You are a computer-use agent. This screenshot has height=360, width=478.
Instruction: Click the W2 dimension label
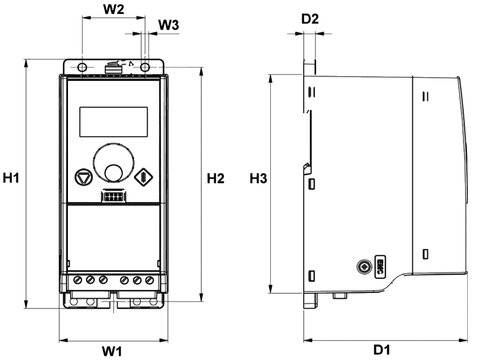click(113, 9)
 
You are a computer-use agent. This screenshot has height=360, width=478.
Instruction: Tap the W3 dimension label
click(169, 25)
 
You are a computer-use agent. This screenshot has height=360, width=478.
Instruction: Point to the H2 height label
click(215, 178)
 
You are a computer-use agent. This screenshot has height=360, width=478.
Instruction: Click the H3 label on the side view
click(257, 178)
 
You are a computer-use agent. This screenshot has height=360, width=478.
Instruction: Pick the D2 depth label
click(310, 20)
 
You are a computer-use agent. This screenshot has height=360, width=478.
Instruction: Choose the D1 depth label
click(383, 350)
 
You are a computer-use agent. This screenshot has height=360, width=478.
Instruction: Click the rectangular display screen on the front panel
click(114, 121)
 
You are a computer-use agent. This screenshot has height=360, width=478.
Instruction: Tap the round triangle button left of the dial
click(84, 176)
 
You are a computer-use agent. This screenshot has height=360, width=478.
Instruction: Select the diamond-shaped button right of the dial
click(141, 176)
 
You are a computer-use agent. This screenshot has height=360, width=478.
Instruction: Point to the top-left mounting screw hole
click(81, 67)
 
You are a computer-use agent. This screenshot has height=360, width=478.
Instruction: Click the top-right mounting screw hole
click(145, 67)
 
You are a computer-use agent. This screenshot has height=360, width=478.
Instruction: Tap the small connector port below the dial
click(114, 196)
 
